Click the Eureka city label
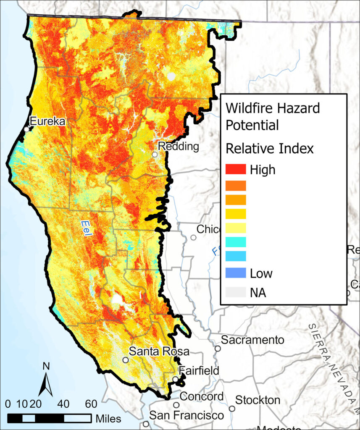(47, 122)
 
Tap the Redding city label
(178, 147)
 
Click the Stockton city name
(258, 400)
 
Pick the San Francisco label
(187, 416)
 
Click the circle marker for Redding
(155, 155)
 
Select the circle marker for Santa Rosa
(125, 360)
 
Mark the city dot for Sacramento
(218, 348)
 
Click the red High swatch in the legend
(235, 169)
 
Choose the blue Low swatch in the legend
(235, 273)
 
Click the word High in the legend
(263, 170)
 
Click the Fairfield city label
(199, 371)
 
